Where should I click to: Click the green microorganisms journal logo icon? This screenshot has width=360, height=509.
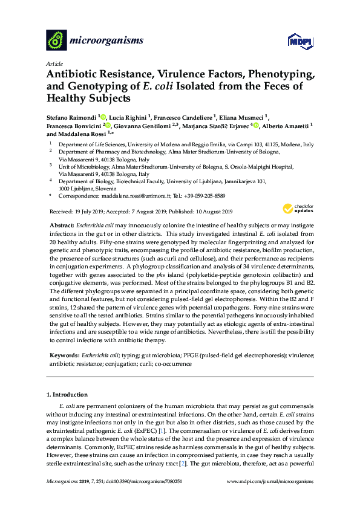tap(56, 41)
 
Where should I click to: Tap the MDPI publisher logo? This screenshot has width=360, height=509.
tap(295, 41)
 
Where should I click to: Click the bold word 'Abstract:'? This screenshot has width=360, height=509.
tap(62, 224)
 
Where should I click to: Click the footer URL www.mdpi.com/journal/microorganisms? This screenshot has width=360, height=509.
tap(270, 481)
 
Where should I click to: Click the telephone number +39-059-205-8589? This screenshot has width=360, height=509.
tap(205, 196)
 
